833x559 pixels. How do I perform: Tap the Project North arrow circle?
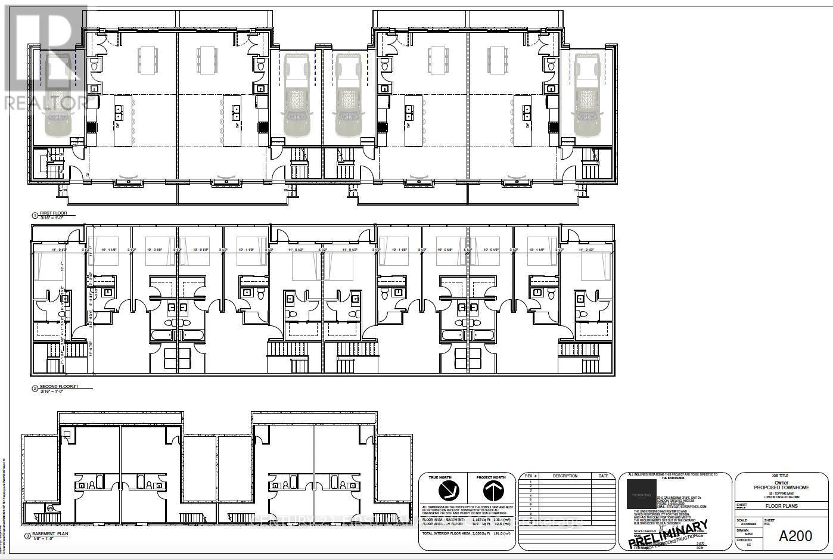point(490,491)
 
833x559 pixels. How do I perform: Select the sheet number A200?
point(795,536)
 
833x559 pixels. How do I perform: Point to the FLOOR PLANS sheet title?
point(782,506)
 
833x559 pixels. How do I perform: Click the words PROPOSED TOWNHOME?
point(782,487)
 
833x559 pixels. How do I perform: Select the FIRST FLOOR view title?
point(54,213)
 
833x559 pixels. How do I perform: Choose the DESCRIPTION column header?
point(564,476)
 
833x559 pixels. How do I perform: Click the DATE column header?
point(603,476)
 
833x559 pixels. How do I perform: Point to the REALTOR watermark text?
point(45,103)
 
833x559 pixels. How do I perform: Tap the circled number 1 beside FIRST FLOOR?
point(35,215)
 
